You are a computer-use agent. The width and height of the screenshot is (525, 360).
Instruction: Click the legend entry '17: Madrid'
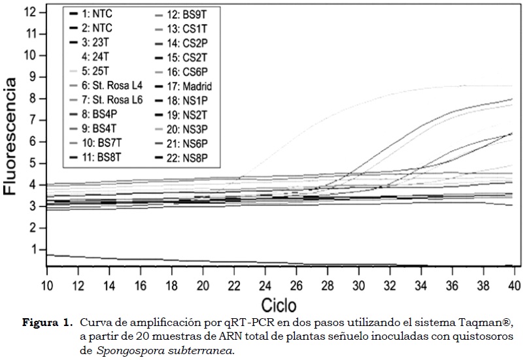tap(190, 86)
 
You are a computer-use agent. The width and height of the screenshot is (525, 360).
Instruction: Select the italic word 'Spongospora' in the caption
tap(124, 350)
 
